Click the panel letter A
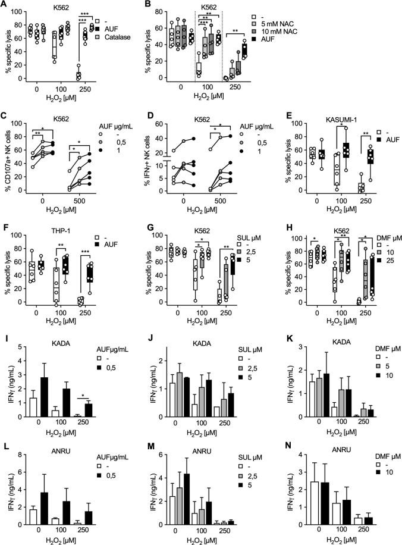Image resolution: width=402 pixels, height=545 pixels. pos(5,5)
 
